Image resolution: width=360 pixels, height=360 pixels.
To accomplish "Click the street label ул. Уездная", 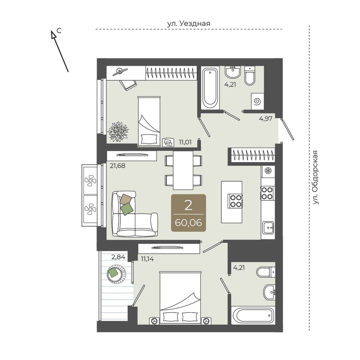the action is click(188, 24).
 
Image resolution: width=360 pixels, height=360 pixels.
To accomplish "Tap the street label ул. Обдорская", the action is click(315, 177).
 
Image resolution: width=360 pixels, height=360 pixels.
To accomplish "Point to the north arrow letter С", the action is click(59, 31).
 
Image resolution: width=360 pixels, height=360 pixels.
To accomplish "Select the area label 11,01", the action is click(185, 142).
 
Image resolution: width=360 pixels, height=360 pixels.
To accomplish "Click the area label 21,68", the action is click(117, 166).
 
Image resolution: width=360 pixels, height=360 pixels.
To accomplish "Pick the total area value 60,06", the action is click(188, 223).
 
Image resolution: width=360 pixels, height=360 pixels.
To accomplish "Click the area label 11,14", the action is click(147, 259).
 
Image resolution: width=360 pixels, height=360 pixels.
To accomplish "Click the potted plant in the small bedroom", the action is click(118, 131).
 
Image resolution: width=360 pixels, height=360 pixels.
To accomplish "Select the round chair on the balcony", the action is click(117, 274).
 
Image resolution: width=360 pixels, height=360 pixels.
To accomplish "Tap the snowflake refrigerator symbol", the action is click(268, 171).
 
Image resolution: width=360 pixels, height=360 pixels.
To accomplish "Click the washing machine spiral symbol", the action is click(257, 101).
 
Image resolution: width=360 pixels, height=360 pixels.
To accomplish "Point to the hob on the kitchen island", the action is click(235, 201).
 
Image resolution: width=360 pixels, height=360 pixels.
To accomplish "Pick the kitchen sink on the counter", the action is click(268, 227).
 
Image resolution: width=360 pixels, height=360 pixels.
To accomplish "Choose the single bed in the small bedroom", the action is click(149, 121).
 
